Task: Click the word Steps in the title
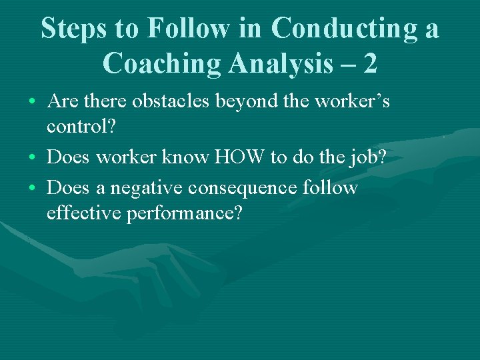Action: (x=75, y=29)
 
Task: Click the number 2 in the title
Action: (x=371, y=63)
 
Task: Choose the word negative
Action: (x=147, y=189)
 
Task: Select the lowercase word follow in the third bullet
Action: (x=331, y=189)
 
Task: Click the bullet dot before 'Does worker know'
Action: (x=33, y=158)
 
